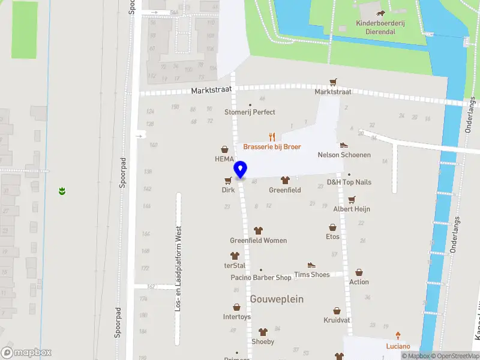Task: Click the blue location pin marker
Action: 241,170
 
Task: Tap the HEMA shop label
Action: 224,159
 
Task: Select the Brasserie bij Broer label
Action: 272,147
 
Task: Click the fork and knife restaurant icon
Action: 272,136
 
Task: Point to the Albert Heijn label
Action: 352,209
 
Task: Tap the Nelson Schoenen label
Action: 344,155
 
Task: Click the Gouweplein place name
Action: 277,299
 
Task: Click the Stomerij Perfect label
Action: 250,112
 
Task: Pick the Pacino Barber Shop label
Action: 261,278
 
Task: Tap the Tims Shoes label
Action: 311,274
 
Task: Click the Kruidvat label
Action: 337,320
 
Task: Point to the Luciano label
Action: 398,346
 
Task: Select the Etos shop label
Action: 332,236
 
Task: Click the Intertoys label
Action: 236,316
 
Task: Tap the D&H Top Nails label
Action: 349,182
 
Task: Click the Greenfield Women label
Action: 258,241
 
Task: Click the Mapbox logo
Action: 26,353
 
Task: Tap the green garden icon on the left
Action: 62,191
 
